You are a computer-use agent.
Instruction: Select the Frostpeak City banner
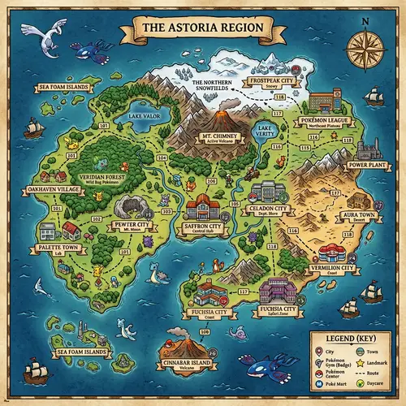point(270,82)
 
